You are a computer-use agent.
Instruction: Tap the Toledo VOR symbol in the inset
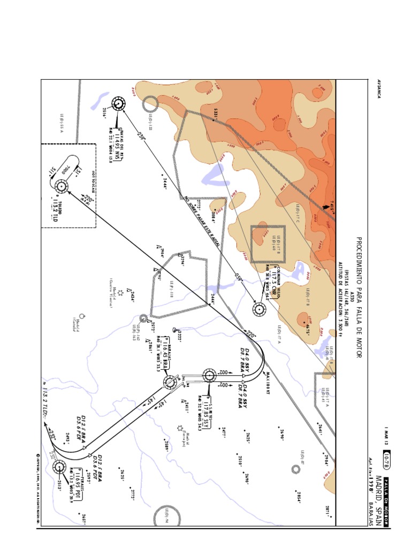[60, 187]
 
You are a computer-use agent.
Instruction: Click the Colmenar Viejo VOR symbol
[260, 309]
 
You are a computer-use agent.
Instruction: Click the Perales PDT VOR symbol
[60, 468]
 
